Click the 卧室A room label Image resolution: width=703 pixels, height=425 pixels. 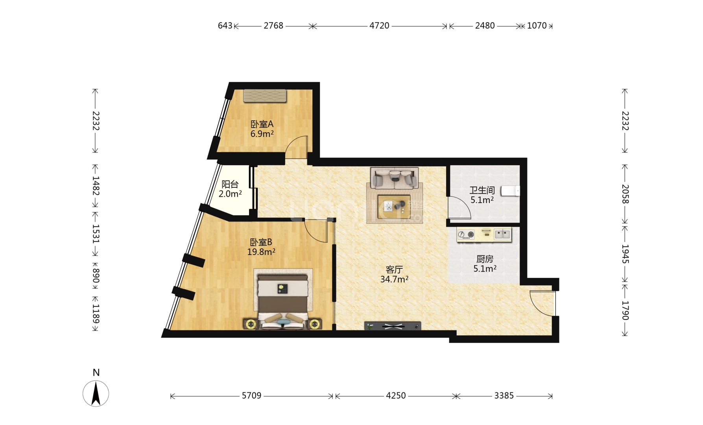pos(262,124)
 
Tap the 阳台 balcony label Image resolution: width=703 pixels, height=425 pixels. pos(230,184)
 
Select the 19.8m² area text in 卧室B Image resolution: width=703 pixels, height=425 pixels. pos(261,252)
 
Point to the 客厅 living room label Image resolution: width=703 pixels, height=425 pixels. pos(394,270)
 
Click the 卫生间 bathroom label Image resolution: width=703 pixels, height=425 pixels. pos(482,190)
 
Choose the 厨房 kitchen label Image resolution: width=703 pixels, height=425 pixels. pos(485,259)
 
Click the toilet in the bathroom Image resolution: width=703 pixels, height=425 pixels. pos(510,191)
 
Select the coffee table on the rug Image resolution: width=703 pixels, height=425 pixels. pos(394,207)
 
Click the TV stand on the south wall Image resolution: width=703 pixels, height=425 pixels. pos(393,326)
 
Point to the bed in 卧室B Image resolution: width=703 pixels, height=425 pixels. pos(283,301)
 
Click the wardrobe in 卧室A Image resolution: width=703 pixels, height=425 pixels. pos(265,96)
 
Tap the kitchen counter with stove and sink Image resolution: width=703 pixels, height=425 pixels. pos(484,235)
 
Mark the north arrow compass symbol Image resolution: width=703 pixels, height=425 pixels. pos(96,394)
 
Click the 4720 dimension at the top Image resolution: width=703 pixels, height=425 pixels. pos(379,26)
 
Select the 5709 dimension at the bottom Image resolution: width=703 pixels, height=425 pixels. pos(251,395)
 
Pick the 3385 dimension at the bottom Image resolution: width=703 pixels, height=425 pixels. pos(504,395)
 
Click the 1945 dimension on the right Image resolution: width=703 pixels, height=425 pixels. pos(625,254)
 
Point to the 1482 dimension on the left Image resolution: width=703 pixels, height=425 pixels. pos(96,186)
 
